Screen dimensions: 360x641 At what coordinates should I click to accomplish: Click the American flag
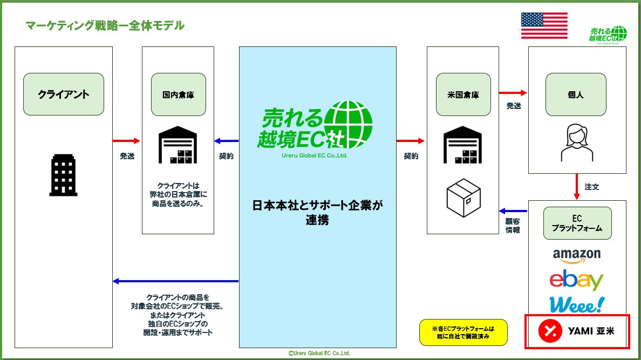pos(544,25)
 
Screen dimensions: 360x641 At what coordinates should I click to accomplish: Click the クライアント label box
pos(64,94)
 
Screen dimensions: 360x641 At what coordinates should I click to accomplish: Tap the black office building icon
pos(63,175)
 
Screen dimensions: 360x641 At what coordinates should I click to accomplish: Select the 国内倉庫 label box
pos(178,94)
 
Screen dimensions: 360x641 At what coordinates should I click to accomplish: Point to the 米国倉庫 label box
pos(463,94)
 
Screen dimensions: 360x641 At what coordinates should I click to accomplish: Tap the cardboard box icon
pos(463,198)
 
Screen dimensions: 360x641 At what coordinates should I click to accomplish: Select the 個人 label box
pos(577,94)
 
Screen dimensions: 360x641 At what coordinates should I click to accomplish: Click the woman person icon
pos(577,142)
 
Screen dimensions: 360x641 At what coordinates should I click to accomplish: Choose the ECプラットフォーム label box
pos(577,223)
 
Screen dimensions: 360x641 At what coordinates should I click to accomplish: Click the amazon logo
pos(577,255)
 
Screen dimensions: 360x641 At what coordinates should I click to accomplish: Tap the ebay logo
pos(576,280)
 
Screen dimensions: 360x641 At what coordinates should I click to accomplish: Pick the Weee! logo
pos(576,305)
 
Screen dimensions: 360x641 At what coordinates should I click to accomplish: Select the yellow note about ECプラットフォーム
pos(463,332)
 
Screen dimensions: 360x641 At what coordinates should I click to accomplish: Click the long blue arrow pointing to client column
pos(175,281)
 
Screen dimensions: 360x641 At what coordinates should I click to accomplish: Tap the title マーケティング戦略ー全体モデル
pos(105,25)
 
